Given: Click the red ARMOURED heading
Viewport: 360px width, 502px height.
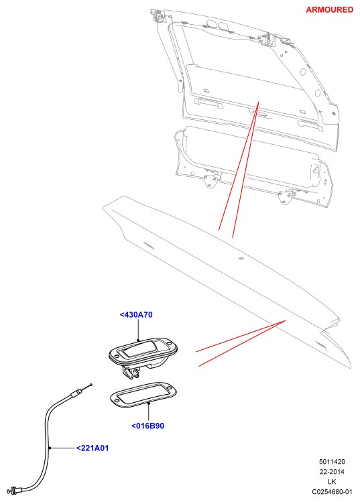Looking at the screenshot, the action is (x=330, y=9).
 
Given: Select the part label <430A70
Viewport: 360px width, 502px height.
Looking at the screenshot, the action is (x=136, y=315).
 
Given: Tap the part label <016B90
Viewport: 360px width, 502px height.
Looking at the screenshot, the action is (x=147, y=426).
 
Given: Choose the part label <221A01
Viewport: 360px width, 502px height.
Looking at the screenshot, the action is (x=93, y=448).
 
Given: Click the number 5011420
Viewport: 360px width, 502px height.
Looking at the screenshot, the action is (x=332, y=461).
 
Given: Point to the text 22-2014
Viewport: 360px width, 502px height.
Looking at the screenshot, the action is (x=332, y=472).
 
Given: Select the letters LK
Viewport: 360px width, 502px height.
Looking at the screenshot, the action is (x=332, y=481).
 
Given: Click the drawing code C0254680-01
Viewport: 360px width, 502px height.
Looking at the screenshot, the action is (x=332, y=492).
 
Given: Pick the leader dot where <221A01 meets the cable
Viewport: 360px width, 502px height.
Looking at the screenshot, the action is (x=50, y=448).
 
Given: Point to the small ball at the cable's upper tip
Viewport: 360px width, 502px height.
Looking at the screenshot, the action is (x=91, y=385).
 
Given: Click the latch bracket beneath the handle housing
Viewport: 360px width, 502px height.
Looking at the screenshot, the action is (x=131, y=373).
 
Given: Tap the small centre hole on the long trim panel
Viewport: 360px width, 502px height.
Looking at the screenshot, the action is (x=241, y=258).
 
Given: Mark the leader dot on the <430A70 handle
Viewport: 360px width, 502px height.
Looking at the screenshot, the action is (x=138, y=340).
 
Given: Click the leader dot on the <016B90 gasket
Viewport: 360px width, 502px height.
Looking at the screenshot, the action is (x=149, y=403).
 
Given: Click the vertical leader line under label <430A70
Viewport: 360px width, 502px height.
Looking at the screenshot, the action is (x=138, y=330).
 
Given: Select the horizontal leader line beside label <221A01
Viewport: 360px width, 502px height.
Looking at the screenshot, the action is (x=62, y=448).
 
